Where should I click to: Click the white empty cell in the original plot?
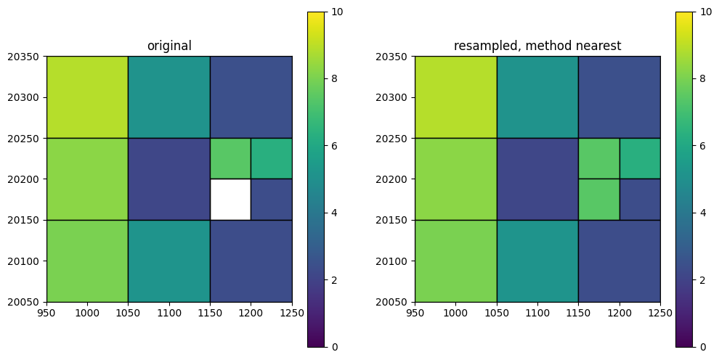click(231, 200)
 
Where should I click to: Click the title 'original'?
click(169, 46)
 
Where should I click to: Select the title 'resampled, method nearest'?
click(537, 46)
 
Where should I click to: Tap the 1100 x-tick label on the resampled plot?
click(537, 314)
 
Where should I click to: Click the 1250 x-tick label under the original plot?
click(292, 314)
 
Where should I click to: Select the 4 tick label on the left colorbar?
click(333, 213)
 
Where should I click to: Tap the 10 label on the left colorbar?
click(336, 12)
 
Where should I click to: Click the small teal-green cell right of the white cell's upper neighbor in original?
click(272, 158)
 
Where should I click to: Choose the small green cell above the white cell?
click(231, 158)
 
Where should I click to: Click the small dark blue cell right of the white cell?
click(272, 200)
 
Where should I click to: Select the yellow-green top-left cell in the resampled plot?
click(456, 97)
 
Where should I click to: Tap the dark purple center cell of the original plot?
click(169, 179)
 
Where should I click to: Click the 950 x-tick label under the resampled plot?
click(415, 314)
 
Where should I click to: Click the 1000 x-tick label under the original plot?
click(87, 314)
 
